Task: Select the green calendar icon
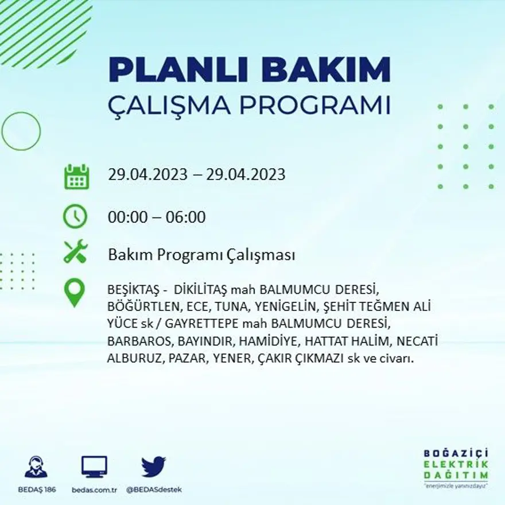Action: click(76, 177)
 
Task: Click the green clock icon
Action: click(75, 216)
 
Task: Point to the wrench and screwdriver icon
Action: click(75, 252)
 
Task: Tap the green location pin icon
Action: click(75, 292)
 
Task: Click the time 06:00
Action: click(185, 218)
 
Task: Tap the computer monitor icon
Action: click(94, 466)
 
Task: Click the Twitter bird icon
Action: click(153, 466)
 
